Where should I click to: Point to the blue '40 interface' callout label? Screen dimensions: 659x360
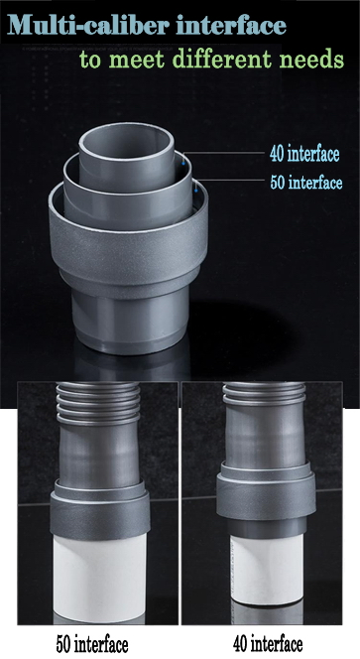click(304, 154)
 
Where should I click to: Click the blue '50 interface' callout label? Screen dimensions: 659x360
click(304, 183)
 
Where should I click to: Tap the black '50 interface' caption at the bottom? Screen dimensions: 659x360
click(91, 644)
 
